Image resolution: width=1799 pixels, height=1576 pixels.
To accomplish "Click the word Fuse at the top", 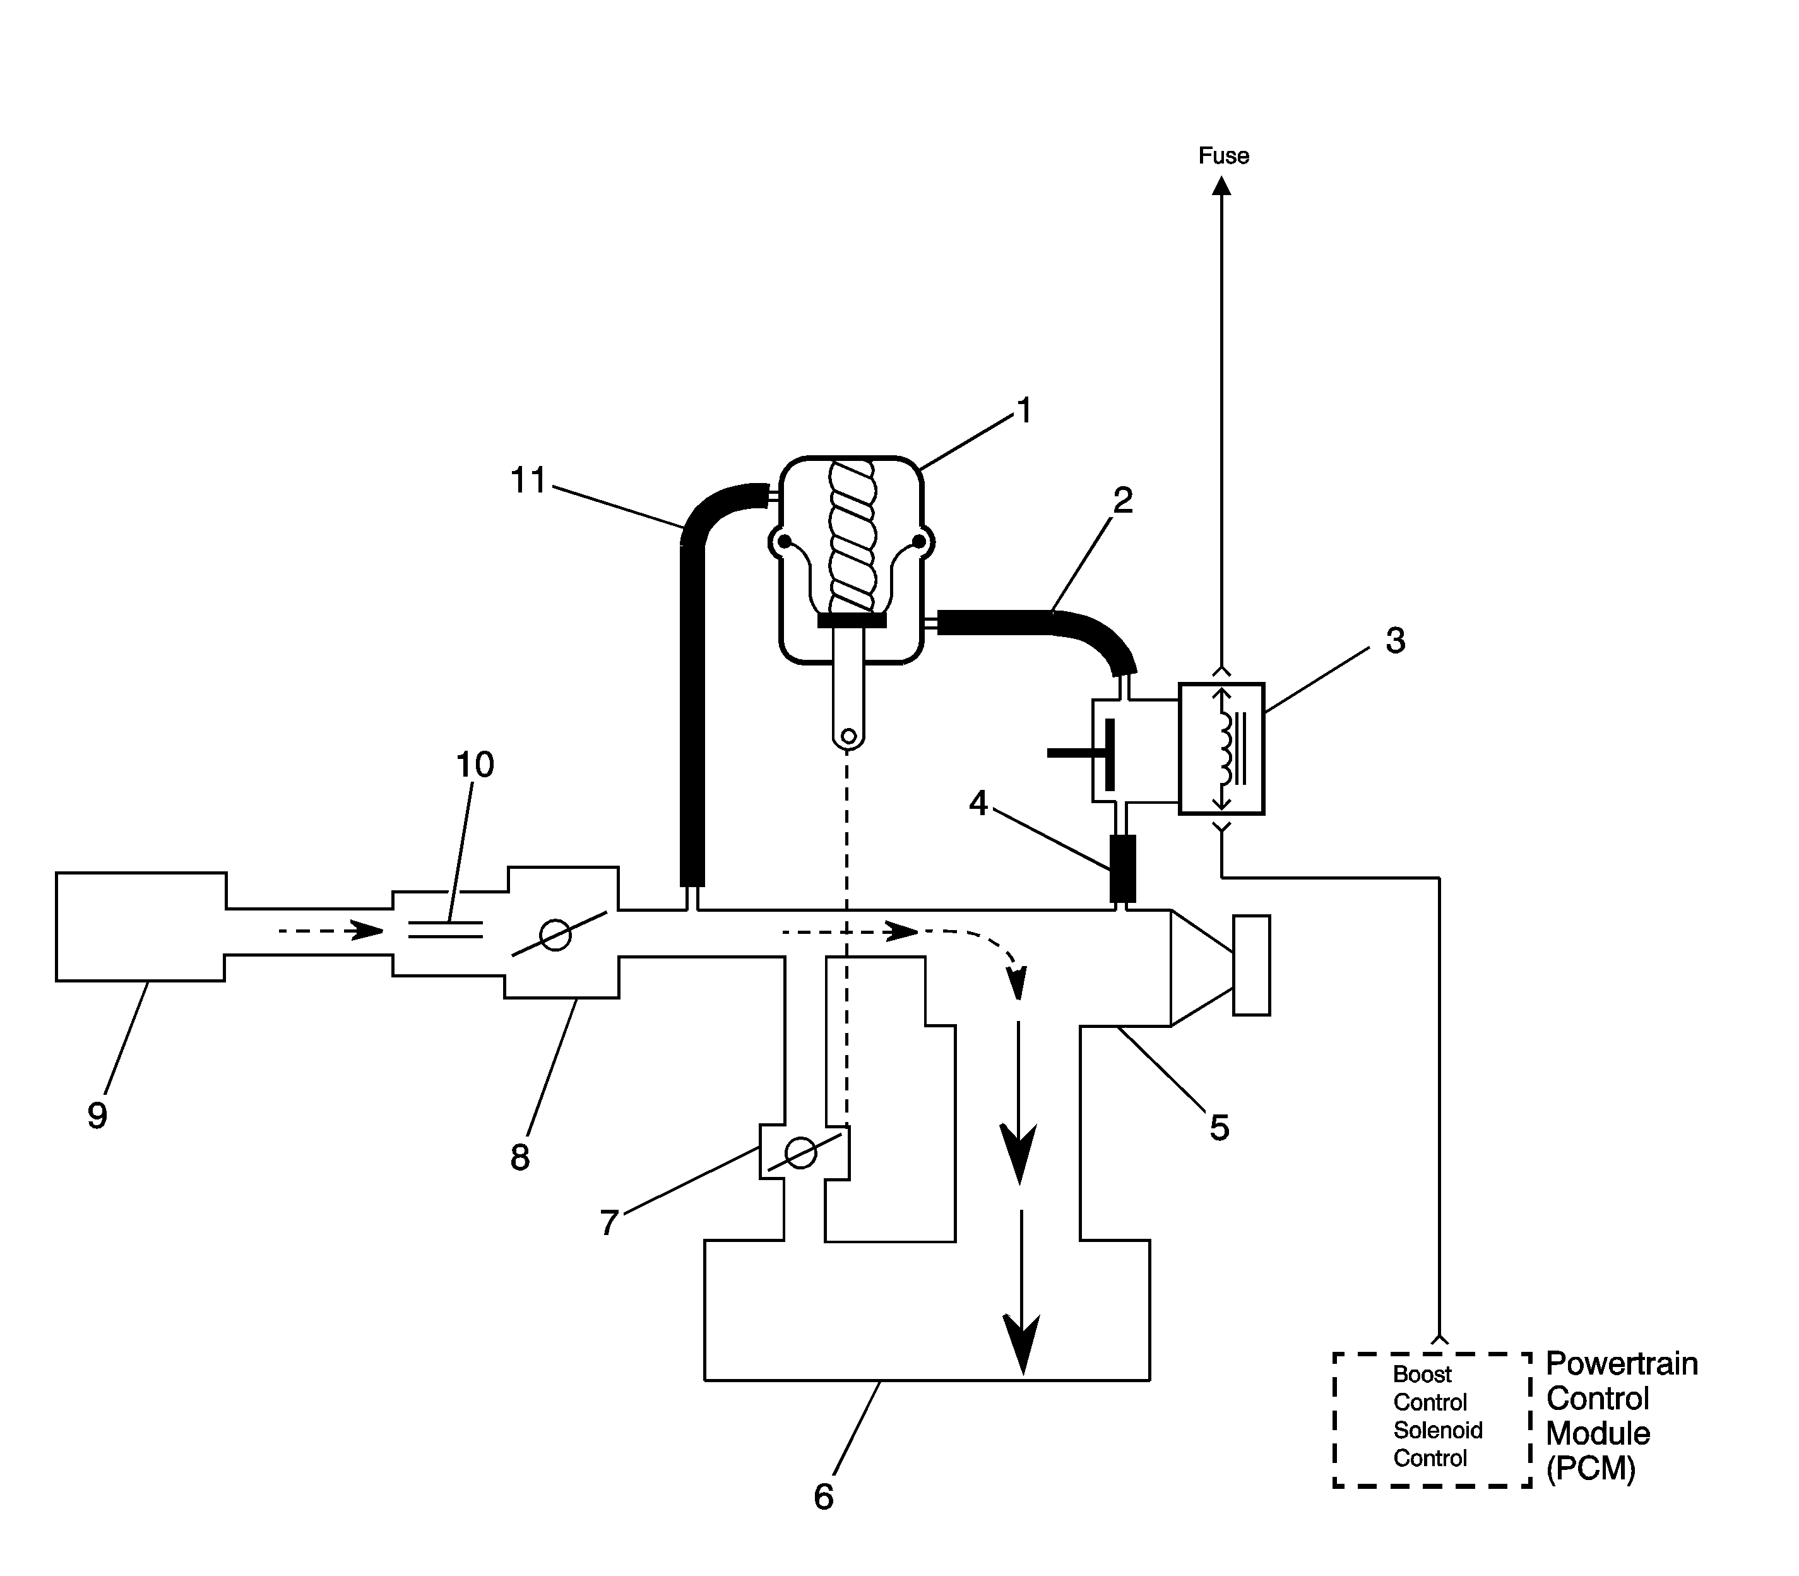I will tap(1223, 156).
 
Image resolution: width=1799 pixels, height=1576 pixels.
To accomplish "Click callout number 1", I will tap(1023, 410).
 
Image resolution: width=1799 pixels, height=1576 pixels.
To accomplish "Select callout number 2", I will tap(1123, 501).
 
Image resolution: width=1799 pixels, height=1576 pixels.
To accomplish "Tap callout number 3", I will tap(1394, 641).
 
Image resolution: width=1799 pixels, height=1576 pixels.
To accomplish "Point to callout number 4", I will tap(978, 803).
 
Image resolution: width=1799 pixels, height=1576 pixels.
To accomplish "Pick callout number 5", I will tap(1219, 1128).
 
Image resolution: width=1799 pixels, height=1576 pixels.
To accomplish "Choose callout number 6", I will tap(823, 1497).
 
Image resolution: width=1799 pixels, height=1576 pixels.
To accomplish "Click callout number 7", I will tap(609, 1222).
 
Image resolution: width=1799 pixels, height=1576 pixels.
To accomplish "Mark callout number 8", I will tap(520, 1158).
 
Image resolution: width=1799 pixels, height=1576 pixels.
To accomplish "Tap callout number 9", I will tap(97, 1115).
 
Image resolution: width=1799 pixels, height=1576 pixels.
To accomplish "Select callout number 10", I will tap(475, 765).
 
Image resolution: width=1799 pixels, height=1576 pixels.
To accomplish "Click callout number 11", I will tap(528, 481).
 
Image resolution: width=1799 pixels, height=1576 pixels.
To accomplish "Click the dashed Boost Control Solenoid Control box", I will tap(1432, 1432).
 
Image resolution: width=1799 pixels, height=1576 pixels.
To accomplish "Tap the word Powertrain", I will tap(1622, 1364).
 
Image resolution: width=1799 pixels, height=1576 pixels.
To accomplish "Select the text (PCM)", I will tap(1591, 1469).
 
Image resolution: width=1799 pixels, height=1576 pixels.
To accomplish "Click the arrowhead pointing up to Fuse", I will tap(1221, 186).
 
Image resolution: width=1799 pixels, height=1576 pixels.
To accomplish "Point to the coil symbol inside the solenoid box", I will tap(1222, 748).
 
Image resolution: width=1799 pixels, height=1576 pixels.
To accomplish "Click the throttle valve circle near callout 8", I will tap(555, 935).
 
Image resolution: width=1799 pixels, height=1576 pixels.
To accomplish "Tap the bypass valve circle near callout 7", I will tap(800, 1152).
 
